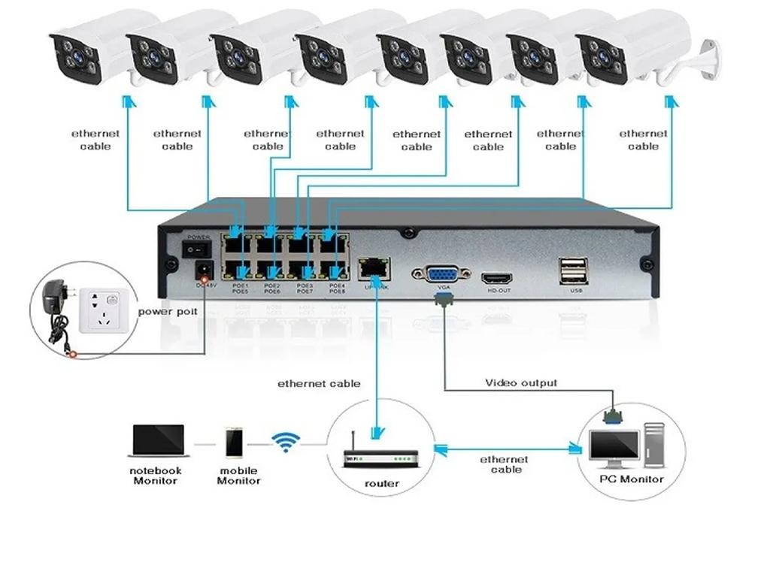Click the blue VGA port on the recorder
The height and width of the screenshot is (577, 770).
(x=441, y=274)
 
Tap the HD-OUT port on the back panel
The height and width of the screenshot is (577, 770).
(x=498, y=277)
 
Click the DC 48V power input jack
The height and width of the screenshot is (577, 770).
(x=202, y=270)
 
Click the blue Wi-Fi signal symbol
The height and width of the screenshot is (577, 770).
(x=285, y=443)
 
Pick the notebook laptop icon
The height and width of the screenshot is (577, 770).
(x=158, y=441)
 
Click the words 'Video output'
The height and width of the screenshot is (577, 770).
(x=521, y=383)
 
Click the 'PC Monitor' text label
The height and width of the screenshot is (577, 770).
(x=631, y=479)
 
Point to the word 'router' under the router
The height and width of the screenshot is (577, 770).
(x=382, y=484)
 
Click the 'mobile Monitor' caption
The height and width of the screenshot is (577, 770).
(x=238, y=476)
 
